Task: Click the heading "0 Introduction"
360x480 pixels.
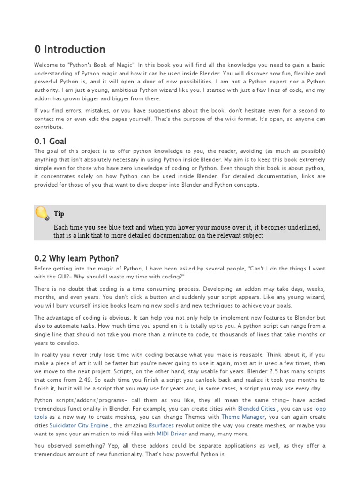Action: point(70,50)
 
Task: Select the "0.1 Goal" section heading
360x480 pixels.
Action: point(50,141)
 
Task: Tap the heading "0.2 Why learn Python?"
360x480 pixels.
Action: point(76,258)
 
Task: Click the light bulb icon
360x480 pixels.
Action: point(42,213)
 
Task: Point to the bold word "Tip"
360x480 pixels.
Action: point(59,214)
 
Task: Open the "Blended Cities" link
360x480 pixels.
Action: point(257,408)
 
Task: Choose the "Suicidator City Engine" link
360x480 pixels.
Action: point(79,425)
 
